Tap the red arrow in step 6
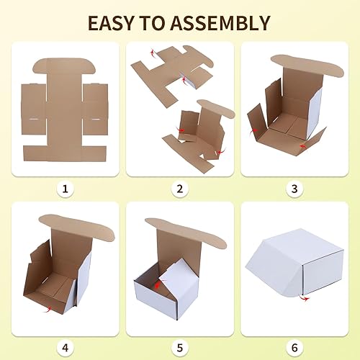click(x=303, y=297)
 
